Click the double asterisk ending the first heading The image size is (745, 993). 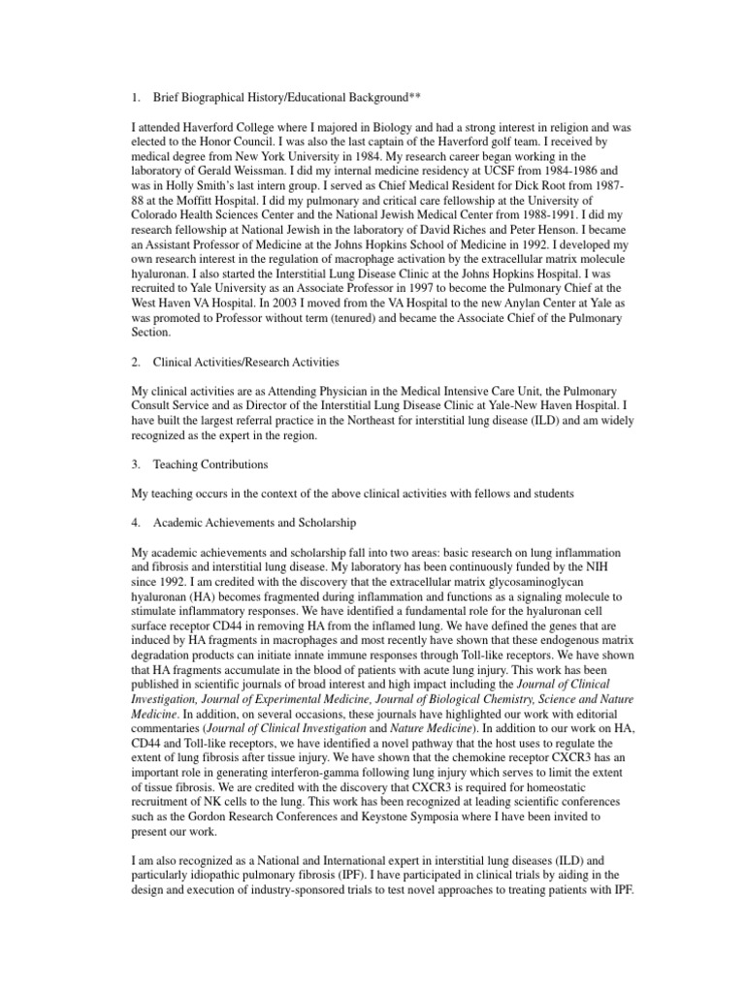point(414,98)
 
